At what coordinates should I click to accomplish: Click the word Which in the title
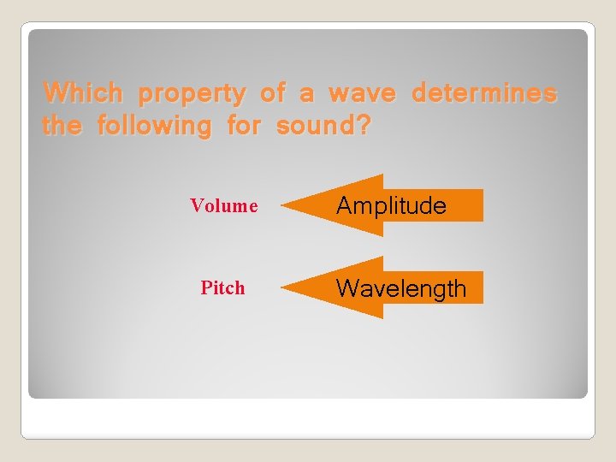click(x=83, y=92)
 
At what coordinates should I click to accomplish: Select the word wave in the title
click(x=362, y=93)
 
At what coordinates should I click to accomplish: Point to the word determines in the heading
click(x=484, y=92)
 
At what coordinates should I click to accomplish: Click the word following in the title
click(x=154, y=127)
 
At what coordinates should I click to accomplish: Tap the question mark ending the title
click(x=363, y=127)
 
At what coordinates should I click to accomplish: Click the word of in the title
click(x=272, y=92)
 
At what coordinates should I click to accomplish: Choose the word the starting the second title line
click(x=62, y=127)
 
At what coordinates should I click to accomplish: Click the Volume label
click(x=224, y=205)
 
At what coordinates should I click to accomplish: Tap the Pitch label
click(x=222, y=288)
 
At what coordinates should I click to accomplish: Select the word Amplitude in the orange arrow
click(x=391, y=205)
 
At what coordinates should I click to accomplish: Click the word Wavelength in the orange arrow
click(x=401, y=288)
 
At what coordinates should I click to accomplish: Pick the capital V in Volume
click(x=196, y=205)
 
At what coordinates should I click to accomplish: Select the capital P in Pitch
click(x=205, y=288)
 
